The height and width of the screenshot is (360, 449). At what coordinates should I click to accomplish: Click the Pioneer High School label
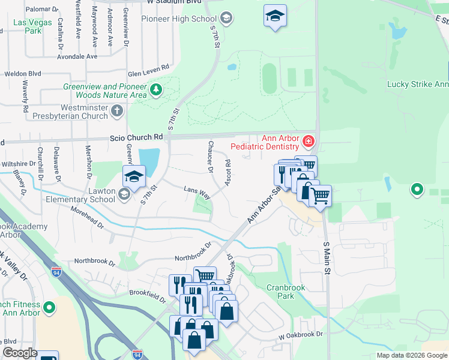tap(179, 19)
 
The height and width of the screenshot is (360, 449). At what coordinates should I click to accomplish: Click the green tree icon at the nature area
tap(156, 90)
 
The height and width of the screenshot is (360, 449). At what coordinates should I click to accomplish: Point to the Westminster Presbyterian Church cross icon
tap(117, 110)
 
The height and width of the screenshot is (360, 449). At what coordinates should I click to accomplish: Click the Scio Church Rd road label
tap(136, 137)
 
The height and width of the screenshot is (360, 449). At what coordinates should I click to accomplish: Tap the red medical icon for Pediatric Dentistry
tap(308, 142)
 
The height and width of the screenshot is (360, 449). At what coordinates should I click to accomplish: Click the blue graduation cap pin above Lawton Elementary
tap(134, 176)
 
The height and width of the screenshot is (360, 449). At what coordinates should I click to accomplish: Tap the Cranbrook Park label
tap(286, 292)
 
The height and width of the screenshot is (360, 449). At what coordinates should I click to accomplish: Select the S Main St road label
tap(327, 258)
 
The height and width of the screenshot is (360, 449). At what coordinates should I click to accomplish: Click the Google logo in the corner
tap(20, 353)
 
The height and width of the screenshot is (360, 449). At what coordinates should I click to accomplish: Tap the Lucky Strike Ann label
tap(417, 85)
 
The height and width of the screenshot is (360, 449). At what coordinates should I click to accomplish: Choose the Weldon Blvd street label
tap(23, 73)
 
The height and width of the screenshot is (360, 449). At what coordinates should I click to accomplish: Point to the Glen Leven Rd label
tap(148, 70)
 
